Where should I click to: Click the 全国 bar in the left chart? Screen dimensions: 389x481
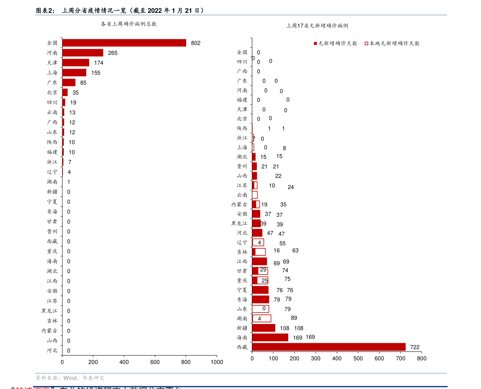coord(124,43)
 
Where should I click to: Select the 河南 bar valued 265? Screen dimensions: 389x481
coord(82,53)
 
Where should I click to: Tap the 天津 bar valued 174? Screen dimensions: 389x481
coord(76,63)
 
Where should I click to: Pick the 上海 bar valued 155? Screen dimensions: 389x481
coord(74,73)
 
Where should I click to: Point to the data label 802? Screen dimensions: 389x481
coord(195,43)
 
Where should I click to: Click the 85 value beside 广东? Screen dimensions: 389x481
coord(83,83)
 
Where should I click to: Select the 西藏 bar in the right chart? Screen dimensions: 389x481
coord(328,347)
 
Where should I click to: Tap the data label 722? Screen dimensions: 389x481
coord(415,347)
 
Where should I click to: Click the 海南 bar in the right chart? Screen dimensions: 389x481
coord(270,337)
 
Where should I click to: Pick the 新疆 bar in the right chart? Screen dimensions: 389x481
coord(263,328)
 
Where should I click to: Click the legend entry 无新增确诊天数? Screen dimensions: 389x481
coord(335,43)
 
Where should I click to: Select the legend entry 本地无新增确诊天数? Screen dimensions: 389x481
coord(392,43)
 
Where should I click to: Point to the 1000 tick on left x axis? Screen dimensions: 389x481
coord(217,362)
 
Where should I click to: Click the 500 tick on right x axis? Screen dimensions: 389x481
coord(358,358)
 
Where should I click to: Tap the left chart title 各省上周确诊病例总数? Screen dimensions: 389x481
coord(128,24)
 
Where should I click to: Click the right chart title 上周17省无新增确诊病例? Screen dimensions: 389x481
coord(317,25)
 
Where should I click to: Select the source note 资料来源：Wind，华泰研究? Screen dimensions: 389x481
coord(70,378)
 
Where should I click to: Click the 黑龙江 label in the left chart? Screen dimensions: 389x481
coord(49,311)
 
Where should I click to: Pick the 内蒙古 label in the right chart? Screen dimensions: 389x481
coord(239,204)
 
